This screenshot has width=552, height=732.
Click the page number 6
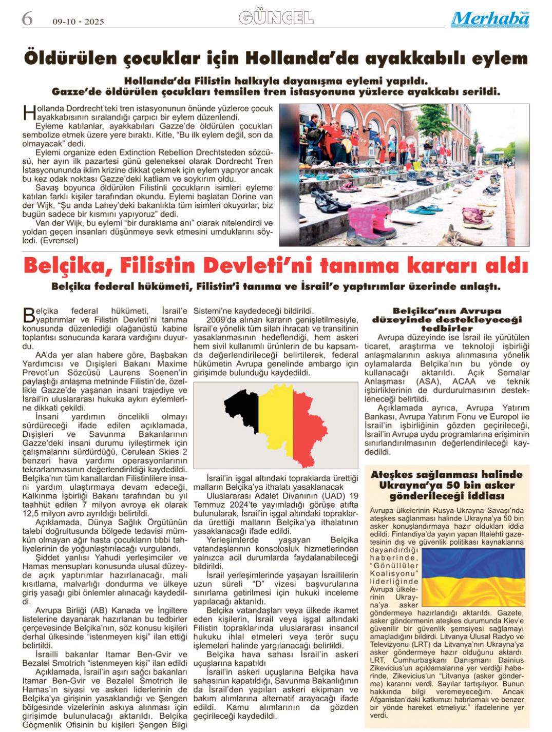(27, 19)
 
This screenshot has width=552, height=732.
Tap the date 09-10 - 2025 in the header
(78, 22)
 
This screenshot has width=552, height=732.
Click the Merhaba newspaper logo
(490, 19)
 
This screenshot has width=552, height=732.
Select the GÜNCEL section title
(276, 18)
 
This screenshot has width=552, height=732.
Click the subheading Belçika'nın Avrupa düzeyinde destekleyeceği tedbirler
(446, 319)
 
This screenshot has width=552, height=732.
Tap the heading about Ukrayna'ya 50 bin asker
(446, 485)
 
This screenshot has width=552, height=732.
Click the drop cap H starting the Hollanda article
(28, 112)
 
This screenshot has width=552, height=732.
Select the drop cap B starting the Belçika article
(28, 315)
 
